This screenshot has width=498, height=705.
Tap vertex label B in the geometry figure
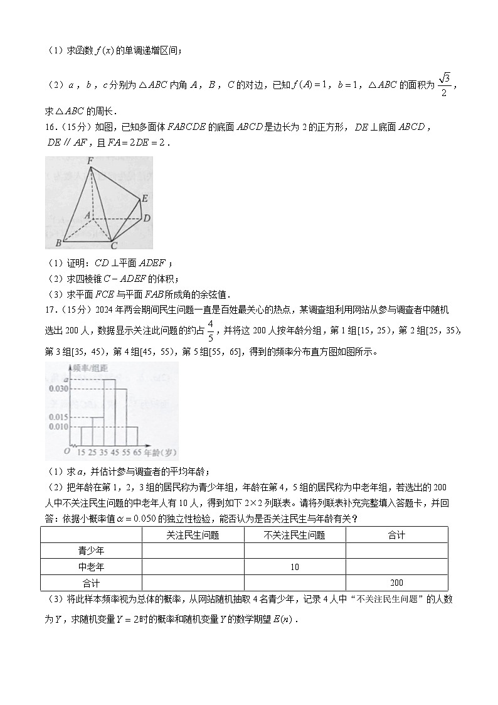(58, 242)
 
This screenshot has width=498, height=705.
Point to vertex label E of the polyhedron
(144, 199)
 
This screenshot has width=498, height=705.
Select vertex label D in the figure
(146, 218)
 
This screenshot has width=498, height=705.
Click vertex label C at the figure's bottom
(114, 245)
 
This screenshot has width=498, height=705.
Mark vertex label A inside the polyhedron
(88, 215)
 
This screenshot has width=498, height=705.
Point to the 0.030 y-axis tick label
(58, 389)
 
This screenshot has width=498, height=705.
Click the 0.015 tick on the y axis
(58, 417)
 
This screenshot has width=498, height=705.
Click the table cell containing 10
(295, 567)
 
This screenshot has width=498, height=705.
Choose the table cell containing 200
(396, 583)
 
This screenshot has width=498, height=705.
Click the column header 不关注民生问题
(295, 535)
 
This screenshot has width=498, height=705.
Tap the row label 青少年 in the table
(91, 551)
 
